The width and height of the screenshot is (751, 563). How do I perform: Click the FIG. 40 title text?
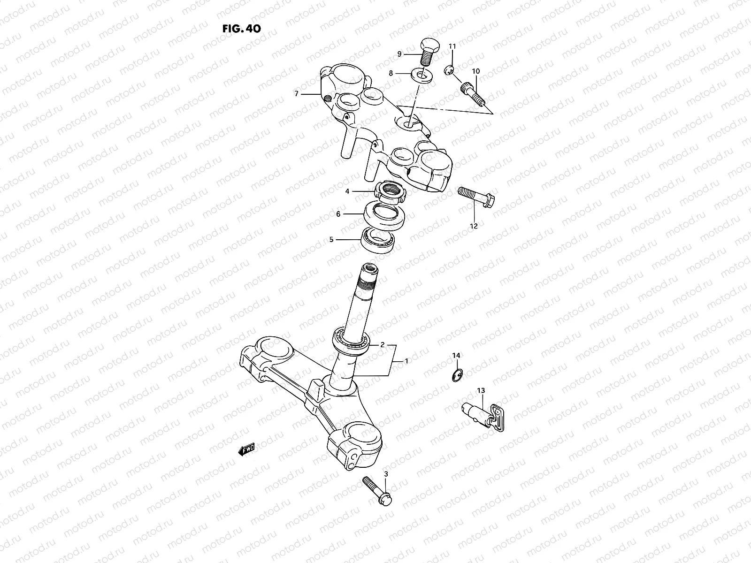pos(241,28)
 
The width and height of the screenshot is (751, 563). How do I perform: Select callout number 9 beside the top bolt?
pos(399,54)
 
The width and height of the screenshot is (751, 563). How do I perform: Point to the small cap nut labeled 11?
pos(448,71)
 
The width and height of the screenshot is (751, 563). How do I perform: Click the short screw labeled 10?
pos(471,92)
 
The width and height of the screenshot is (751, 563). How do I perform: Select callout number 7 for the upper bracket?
pos(296,94)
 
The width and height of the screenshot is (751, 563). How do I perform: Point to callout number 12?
pos(474,226)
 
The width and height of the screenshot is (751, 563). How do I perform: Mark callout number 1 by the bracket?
pos(406,361)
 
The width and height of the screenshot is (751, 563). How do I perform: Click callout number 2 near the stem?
pos(383,345)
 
